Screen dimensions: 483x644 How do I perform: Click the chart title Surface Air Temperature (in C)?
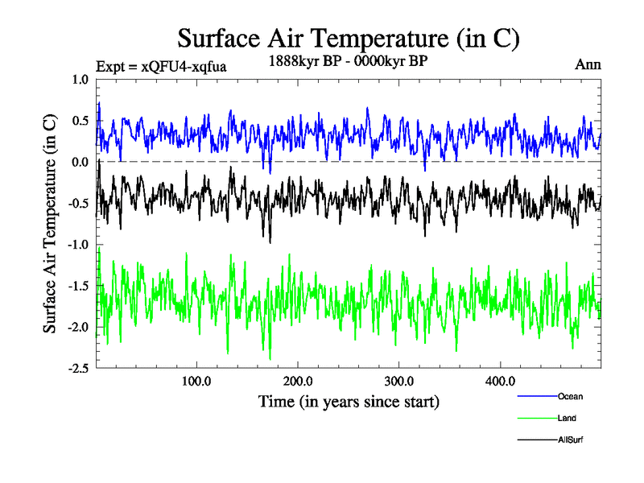pos(349,38)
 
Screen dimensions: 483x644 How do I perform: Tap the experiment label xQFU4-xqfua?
pos(160,67)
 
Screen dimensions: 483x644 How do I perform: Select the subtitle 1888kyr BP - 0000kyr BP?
pos(349,59)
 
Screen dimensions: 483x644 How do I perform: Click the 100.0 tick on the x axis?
pos(196,381)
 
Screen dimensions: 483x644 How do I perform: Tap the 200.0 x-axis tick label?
pos(298,381)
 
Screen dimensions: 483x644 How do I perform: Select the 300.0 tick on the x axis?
pos(399,381)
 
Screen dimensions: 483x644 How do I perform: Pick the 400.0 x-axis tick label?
pos(501,381)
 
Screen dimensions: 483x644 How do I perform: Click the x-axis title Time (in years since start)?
pos(349,400)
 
